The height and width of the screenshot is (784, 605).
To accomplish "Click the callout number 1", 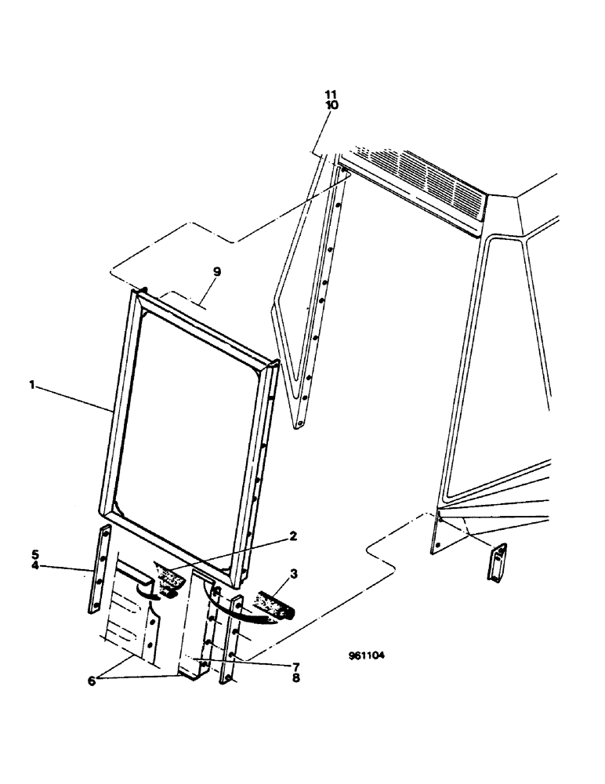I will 33,385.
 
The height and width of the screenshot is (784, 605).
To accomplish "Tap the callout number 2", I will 292,536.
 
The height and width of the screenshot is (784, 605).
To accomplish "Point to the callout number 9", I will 217,272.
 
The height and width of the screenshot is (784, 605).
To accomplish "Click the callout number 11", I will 333,95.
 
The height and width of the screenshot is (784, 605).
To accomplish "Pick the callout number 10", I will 333,105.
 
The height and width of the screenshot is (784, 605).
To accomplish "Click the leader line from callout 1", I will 74,397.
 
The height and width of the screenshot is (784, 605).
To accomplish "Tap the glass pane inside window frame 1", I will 188,416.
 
